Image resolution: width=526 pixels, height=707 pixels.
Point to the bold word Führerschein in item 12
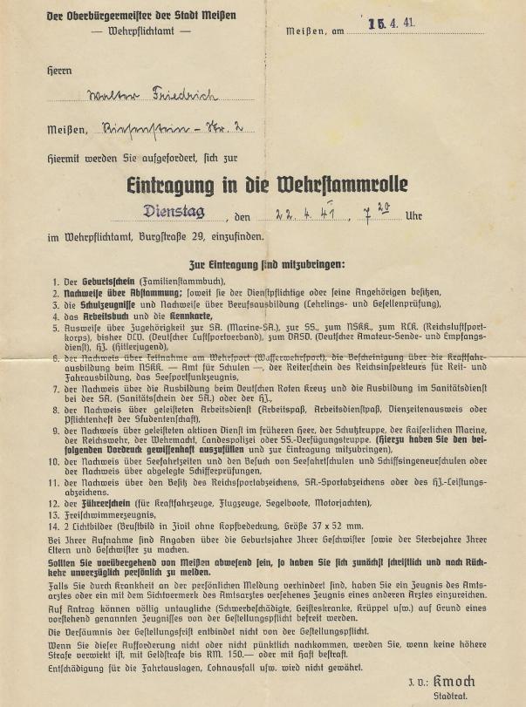[x=95, y=503]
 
